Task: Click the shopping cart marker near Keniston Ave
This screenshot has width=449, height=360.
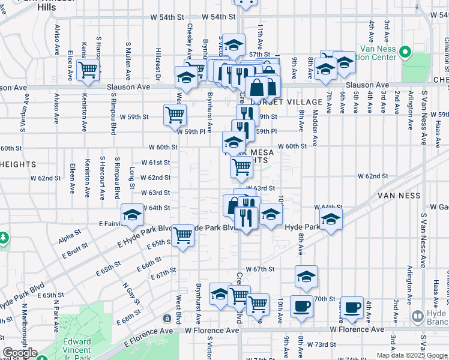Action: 88,69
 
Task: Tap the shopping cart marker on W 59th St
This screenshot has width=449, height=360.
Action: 175,114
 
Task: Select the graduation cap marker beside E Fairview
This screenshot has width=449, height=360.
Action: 132,215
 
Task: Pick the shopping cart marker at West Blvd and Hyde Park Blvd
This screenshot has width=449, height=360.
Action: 182,235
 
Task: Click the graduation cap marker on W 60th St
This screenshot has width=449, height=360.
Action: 233,143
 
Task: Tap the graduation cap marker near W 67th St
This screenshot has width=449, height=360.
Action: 306,277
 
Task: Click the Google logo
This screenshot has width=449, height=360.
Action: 20,353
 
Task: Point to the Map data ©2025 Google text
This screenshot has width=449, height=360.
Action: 411,355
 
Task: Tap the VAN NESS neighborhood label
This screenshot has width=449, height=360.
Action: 401,196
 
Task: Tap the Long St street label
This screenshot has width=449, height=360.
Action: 131,180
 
